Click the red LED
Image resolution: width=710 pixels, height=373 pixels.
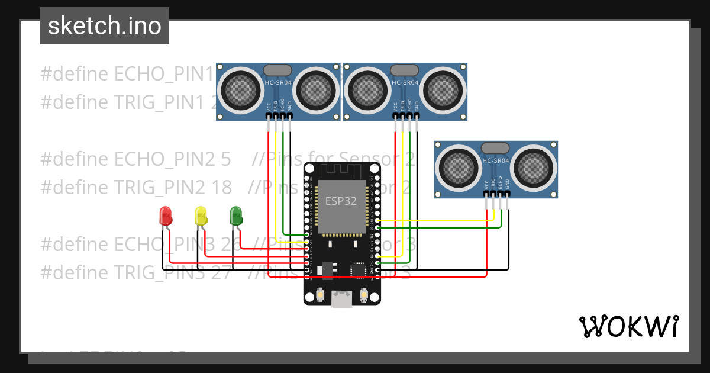(165, 216)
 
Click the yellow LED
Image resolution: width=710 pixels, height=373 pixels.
(201, 216)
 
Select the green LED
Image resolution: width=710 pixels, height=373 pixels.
(236, 216)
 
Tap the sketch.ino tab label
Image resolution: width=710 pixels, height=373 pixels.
(105, 26)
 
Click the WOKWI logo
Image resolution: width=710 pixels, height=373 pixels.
(628, 326)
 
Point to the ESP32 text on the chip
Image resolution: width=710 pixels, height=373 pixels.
(341, 201)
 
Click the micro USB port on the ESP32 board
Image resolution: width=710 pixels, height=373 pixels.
(341, 299)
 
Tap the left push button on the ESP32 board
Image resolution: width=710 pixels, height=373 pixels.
(320, 294)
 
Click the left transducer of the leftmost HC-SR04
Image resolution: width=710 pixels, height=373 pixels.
(241, 91)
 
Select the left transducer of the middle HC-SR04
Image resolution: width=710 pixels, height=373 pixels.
(368, 91)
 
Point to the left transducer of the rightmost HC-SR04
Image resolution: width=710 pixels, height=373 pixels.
(459, 168)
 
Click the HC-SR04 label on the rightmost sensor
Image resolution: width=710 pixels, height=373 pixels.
(496, 161)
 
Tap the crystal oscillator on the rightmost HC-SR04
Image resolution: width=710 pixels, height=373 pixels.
(495, 147)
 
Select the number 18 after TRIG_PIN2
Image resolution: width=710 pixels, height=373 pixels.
(221, 187)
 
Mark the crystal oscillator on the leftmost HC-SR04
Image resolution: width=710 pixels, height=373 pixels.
(277, 70)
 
